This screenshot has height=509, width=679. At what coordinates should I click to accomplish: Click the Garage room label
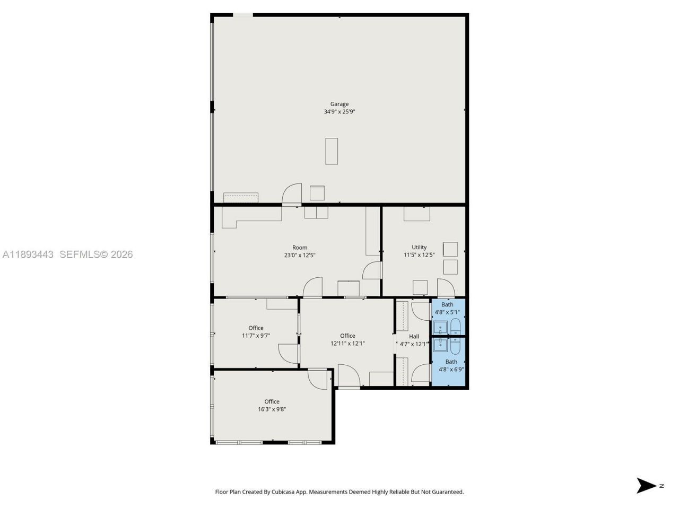[x=339, y=104]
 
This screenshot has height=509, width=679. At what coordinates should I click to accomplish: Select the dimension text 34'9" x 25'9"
[x=339, y=112]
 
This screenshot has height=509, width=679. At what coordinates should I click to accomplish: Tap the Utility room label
[x=419, y=247]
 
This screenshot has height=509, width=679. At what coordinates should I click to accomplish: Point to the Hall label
[x=414, y=336]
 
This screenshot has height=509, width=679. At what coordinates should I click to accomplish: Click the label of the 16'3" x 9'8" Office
[x=272, y=401]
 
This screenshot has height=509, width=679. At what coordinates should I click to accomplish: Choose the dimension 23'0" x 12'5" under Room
[x=300, y=255]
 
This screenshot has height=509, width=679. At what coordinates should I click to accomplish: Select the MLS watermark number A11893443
[x=28, y=254]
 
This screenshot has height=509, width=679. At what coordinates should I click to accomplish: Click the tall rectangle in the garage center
[x=332, y=151]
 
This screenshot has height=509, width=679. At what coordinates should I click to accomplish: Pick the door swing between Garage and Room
[x=292, y=195]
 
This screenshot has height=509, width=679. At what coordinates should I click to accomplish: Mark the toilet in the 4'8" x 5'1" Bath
[x=455, y=326]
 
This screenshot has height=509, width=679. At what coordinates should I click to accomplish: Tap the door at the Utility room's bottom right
[x=446, y=288]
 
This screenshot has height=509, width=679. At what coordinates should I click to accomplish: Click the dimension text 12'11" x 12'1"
[x=347, y=344]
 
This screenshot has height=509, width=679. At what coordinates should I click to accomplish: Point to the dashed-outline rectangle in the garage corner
[x=241, y=198]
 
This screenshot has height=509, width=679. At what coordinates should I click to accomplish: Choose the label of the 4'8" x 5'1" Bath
[x=447, y=304]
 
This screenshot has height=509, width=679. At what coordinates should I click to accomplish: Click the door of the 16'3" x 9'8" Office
[x=318, y=379]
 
